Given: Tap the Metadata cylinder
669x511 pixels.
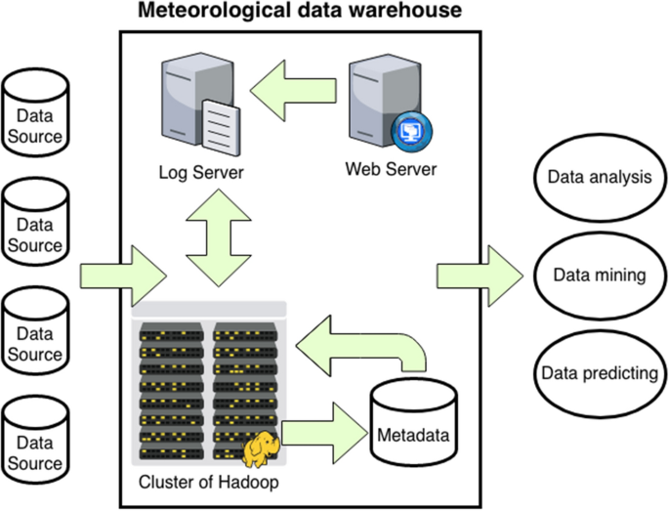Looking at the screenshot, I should tap(413, 421).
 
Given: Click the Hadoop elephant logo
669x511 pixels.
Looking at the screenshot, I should tap(261, 448).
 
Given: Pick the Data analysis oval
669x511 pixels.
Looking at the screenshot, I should tap(599, 179).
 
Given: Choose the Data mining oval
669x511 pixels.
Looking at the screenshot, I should tap(599, 276).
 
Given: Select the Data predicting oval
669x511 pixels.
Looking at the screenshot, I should tap(599, 373).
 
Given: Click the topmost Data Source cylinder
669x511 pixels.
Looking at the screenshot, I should tap(35, 114).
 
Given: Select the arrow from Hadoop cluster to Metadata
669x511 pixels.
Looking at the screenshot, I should tap(321, 422).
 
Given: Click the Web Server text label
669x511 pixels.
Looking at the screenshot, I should tap(391, 169).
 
